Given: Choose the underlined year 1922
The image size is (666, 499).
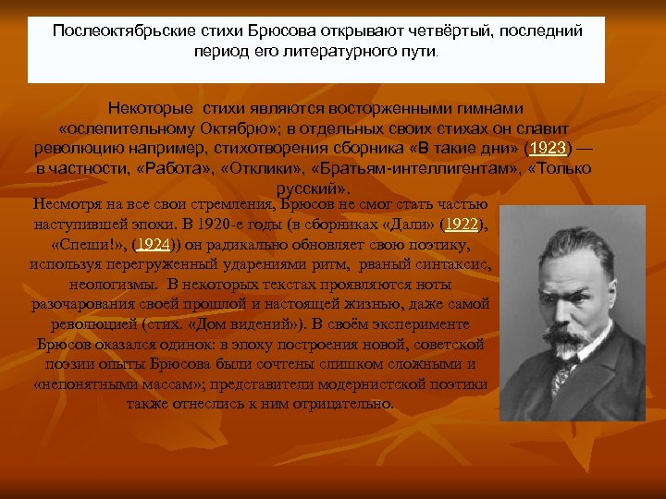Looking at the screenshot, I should pyautogui.click(x=462, y=224).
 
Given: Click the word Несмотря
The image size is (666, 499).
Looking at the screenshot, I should pyautogui.click(x=65, y=203).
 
